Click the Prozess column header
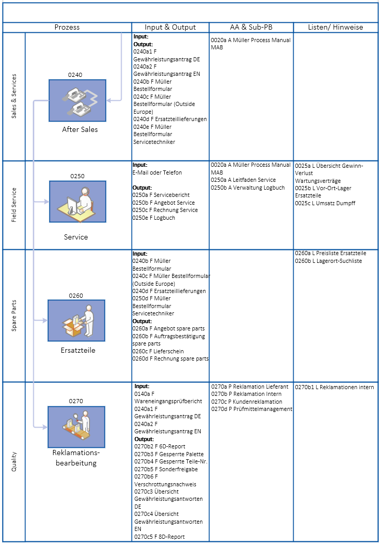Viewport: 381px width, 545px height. pos(67,28)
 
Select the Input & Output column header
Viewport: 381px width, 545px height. pos(170,28)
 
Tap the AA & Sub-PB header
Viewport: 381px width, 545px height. pos(252,28)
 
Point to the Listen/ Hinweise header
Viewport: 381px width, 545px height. pos(336,28)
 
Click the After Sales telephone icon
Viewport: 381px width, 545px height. pos(77,101)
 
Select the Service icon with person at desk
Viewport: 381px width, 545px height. pos(77,202)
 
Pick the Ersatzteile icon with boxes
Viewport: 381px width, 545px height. pos(76,321)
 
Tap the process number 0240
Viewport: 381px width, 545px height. pos(75,75)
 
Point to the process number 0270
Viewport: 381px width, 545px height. pos(76,401)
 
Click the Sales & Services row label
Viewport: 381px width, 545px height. pos(14,96)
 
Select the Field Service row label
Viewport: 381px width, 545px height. pos(14,205)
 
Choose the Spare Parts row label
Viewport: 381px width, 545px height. pos(14,315)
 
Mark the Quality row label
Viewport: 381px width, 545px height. pos(14,462)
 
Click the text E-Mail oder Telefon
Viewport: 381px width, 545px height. pos(157,172)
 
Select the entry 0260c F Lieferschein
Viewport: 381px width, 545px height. pos(161,351)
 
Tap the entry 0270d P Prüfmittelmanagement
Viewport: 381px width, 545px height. pos(252,409)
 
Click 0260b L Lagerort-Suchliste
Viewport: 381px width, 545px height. pos(328,261)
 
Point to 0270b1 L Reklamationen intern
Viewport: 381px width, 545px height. pos(334,387)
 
